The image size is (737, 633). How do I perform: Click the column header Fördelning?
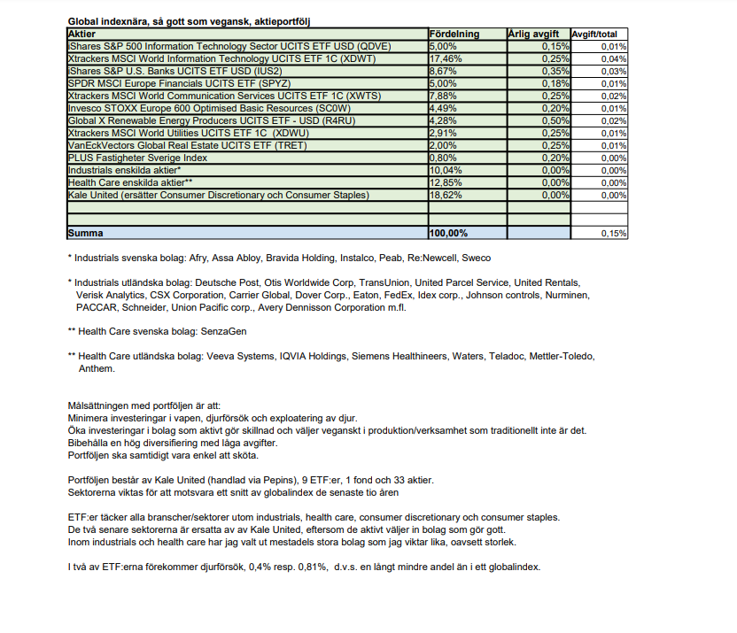coord(454,34)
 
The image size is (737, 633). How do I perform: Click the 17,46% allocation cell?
coord(442,58)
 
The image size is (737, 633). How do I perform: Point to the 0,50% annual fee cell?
coord(555,120)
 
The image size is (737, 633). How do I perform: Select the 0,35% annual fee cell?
coord(555,71)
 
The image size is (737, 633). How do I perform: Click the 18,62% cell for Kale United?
coord(442,195)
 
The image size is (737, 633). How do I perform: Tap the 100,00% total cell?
coord(447,234)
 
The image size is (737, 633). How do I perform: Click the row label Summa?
coord(85,234)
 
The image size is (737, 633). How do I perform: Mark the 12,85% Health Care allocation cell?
coord(442,182)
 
